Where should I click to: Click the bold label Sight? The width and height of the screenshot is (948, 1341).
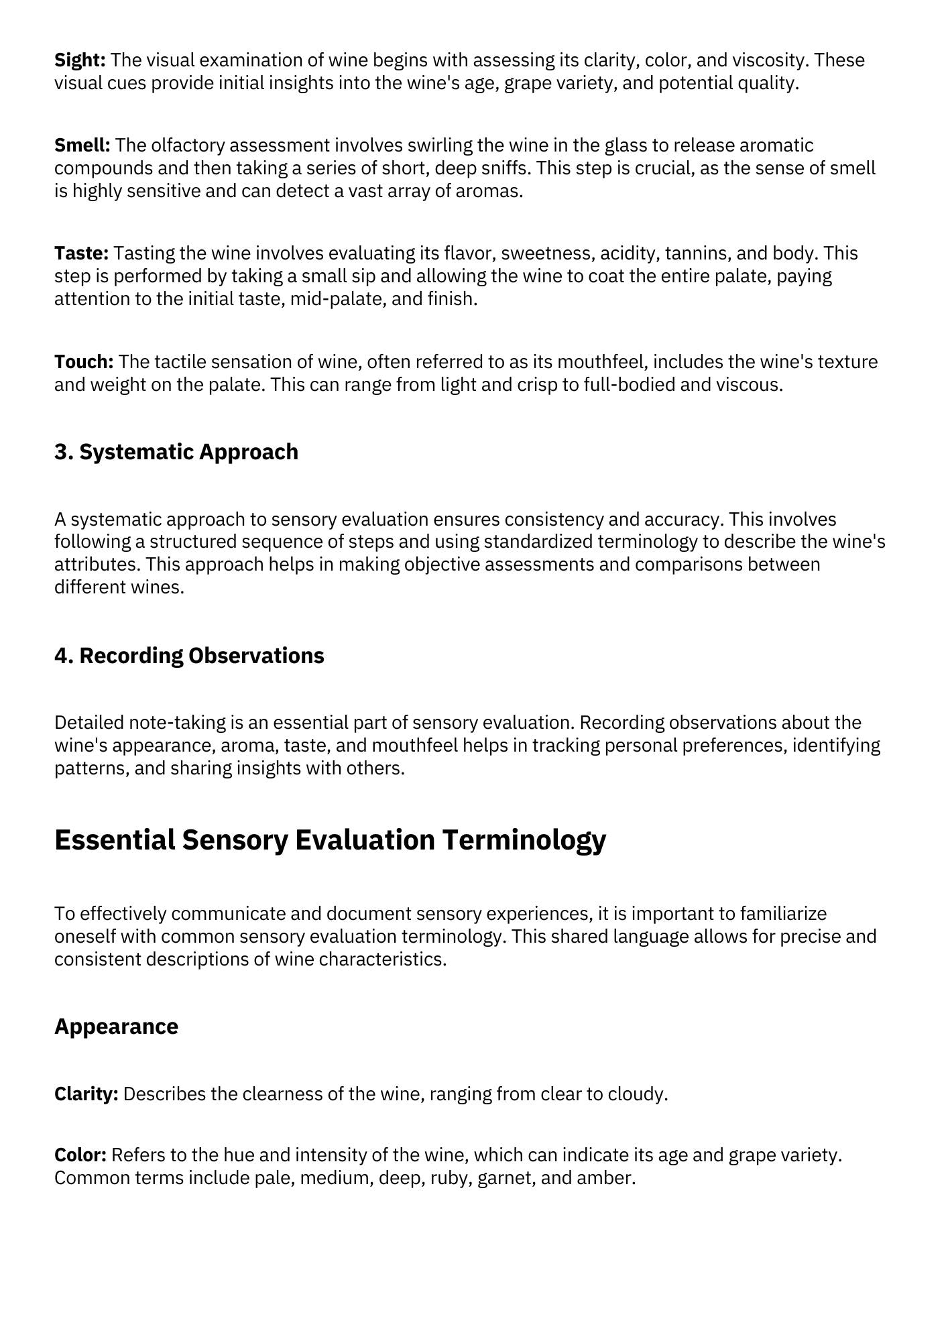point(80,60)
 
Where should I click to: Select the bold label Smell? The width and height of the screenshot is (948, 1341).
point(82,145)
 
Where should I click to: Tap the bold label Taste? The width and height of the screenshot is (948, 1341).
point(81,253)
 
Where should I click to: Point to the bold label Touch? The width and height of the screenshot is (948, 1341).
point(84,362)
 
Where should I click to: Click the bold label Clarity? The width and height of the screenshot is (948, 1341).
point(86,1094)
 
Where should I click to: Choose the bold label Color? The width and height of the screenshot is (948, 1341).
point(80,1155)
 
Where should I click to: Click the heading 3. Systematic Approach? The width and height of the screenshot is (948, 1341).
point(176,452)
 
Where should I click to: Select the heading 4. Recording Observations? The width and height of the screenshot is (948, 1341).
point(189,656)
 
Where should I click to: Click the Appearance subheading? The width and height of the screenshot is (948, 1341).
point(116,1027)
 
